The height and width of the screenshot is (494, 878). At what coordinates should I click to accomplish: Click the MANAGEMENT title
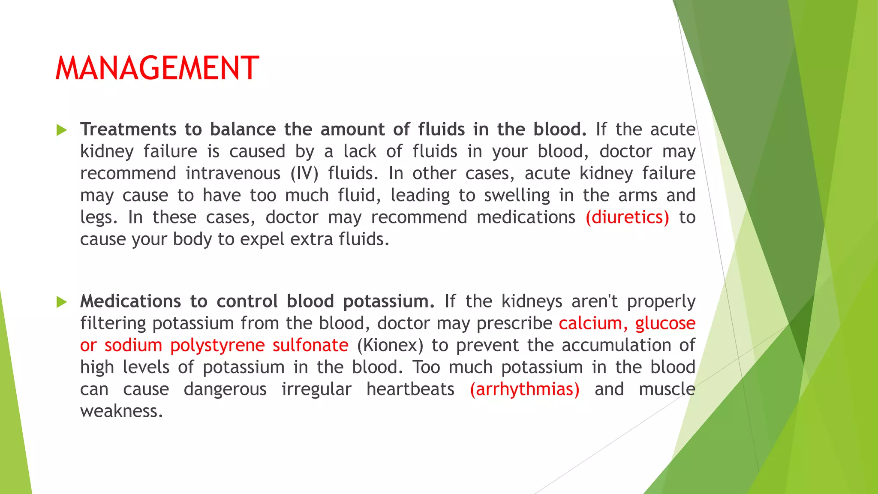[157, 69]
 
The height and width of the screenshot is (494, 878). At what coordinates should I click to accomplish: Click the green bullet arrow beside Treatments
[62, 130]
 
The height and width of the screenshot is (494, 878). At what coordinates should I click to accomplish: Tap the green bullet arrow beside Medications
[62, 302]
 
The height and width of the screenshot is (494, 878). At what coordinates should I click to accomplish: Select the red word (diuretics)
[627, 217]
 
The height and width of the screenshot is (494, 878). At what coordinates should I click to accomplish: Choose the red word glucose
[665, 323]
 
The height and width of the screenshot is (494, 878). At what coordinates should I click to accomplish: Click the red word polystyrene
[217, 346]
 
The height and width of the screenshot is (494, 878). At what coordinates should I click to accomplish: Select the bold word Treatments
[128, 130]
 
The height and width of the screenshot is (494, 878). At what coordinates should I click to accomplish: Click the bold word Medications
[130, 301]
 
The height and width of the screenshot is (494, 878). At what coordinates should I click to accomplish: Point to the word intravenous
[233, 173]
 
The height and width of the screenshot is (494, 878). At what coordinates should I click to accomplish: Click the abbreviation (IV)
[304, 173]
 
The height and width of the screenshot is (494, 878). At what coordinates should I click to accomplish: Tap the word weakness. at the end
[121, 411]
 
